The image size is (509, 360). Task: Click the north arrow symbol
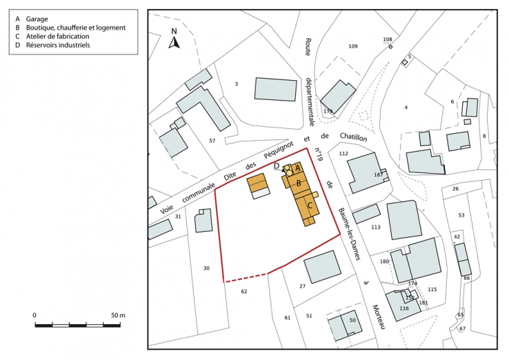[x=174, y=39]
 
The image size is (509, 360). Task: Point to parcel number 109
[x=352, y=46]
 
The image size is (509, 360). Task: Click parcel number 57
[x=212, y=141]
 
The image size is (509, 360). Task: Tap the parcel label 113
[x=375, y=227]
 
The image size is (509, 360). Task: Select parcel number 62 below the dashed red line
[x=243, y=292]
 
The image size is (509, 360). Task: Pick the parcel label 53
[x=461, y=216]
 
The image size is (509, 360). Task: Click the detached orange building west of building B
[x=257, y=183]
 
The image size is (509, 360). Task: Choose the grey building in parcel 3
[x=275, y=89]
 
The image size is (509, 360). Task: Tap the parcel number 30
[x=206, y=268]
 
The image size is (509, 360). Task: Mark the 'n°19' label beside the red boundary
[x=319, y=155]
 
